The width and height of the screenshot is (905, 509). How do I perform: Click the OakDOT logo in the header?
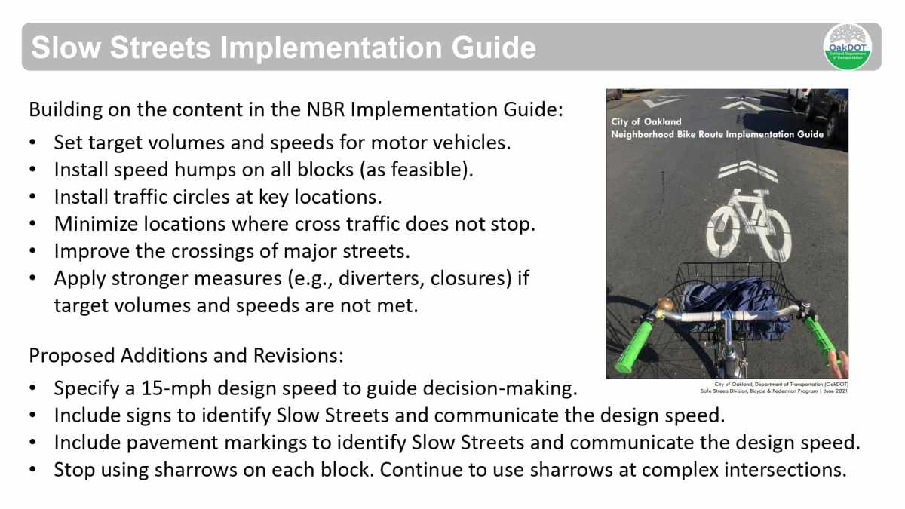[847, 47]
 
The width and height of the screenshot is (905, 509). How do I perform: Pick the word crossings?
[210, 252]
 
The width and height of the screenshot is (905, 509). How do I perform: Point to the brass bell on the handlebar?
[664, 305]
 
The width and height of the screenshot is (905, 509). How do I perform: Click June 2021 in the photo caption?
[834, 391]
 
